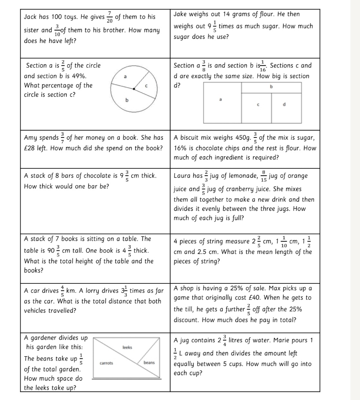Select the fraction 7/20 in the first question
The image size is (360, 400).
tap(109, 17)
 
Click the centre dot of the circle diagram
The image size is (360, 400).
tap(134, 89)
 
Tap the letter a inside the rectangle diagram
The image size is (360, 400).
tap(220, 99)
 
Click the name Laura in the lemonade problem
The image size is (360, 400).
tap(182, 176)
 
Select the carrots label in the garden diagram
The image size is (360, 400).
tap(107, 363)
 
